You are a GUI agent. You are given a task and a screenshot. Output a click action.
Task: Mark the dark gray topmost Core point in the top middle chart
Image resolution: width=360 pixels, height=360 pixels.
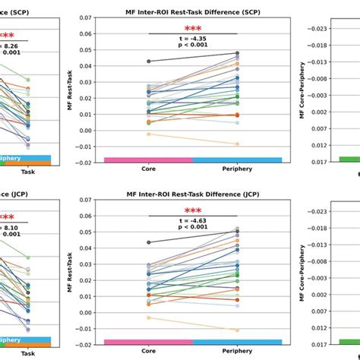[149, 61]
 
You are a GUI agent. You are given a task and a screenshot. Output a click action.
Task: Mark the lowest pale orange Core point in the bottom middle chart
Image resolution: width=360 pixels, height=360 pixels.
[149, 317]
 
